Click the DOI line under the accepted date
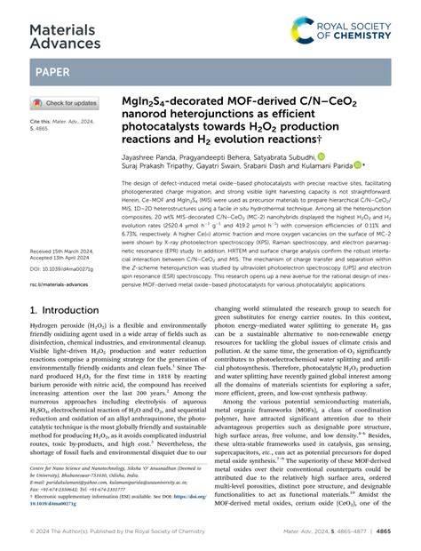coord(63,268)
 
